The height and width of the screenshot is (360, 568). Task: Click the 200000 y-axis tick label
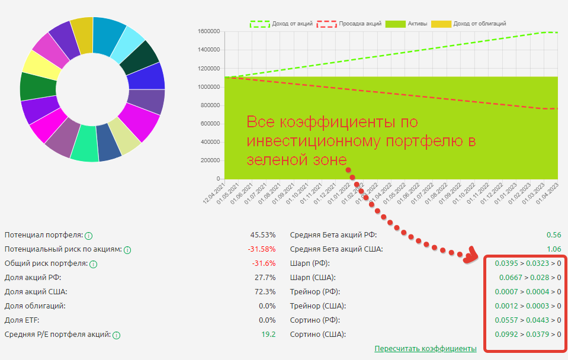point(210,160)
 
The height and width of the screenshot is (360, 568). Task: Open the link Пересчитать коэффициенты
point(425,348)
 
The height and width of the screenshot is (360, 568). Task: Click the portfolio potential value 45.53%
point(263,235)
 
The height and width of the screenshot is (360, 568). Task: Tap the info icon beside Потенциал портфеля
point(88,235)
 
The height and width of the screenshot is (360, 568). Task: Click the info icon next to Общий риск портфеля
point(93,263)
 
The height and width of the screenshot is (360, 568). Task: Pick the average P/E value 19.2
point(268,335)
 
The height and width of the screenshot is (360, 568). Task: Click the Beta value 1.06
point(554,249)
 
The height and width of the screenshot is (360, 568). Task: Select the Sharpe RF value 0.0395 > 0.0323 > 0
point(528,263)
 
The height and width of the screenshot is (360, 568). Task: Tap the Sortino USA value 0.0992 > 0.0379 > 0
point(528,335)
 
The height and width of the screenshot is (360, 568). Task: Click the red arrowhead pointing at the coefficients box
point(471,256)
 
